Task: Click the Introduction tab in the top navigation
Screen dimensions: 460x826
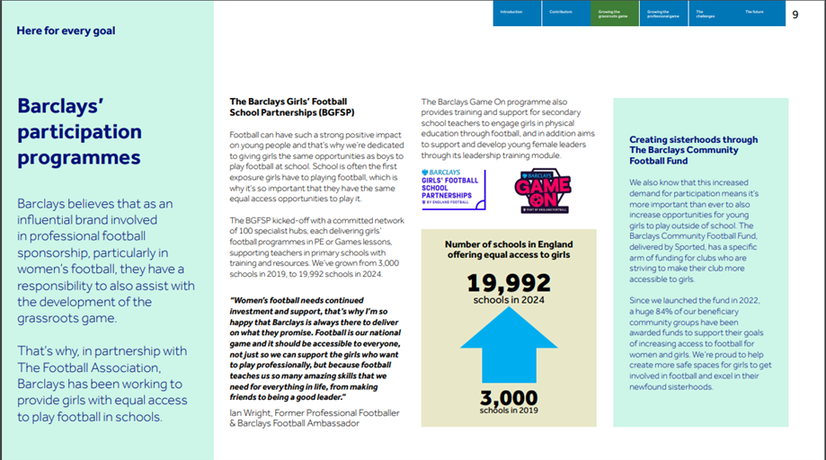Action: coord(517,13)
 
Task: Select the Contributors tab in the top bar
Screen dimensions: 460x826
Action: coord(565,13)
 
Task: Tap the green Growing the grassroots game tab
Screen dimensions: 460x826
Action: coord(615,13)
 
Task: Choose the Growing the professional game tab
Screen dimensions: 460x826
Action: coord(663,13)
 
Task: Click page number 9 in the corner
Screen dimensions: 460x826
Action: coord(795,14)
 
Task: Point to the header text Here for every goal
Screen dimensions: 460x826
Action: coord(66,31)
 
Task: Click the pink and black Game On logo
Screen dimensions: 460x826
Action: coord(542,190)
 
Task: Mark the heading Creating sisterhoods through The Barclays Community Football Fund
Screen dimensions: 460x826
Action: coord(693,152)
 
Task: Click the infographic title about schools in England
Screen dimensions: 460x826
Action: coord(508,250)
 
